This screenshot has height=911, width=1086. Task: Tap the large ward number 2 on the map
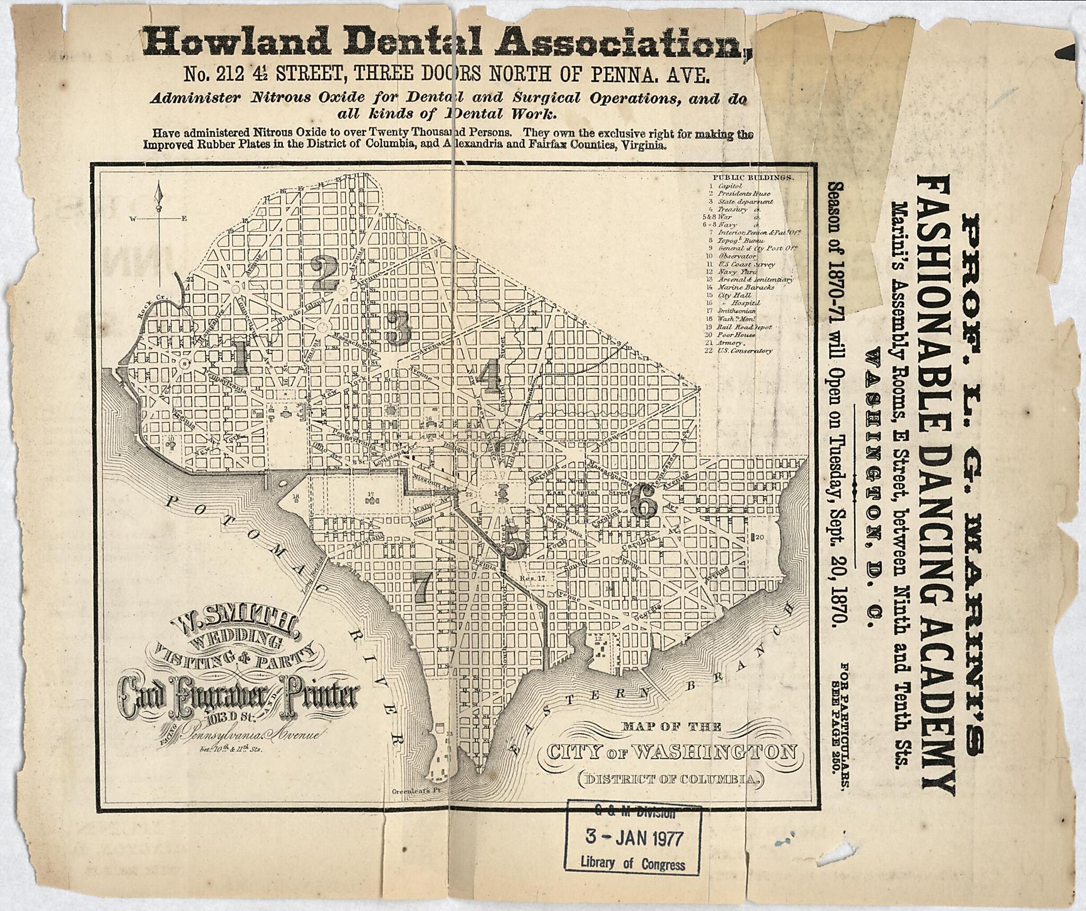325,273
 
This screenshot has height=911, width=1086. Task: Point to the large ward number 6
646,502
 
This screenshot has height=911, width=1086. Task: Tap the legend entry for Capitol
726,186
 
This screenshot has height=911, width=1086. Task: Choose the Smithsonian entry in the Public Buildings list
737,311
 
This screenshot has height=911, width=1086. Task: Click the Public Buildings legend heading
753,178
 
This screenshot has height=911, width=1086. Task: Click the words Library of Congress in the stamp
633,863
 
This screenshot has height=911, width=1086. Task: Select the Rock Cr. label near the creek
150,311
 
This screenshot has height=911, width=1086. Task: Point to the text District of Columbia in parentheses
670,779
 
